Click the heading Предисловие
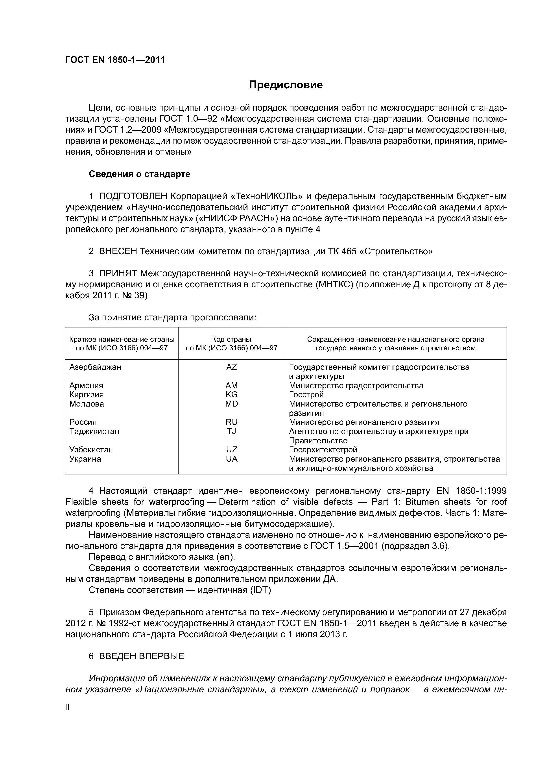coord(286,85)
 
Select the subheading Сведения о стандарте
coord(139,174)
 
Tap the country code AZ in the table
coord(231,367)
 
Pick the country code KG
coord(231,395)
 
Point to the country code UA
coord(231,459)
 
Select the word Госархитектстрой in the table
coord(323,450)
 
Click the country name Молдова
coord(87,404)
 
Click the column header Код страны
coord(231,339)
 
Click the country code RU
coord(231,422)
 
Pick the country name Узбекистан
coord(91,450)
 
